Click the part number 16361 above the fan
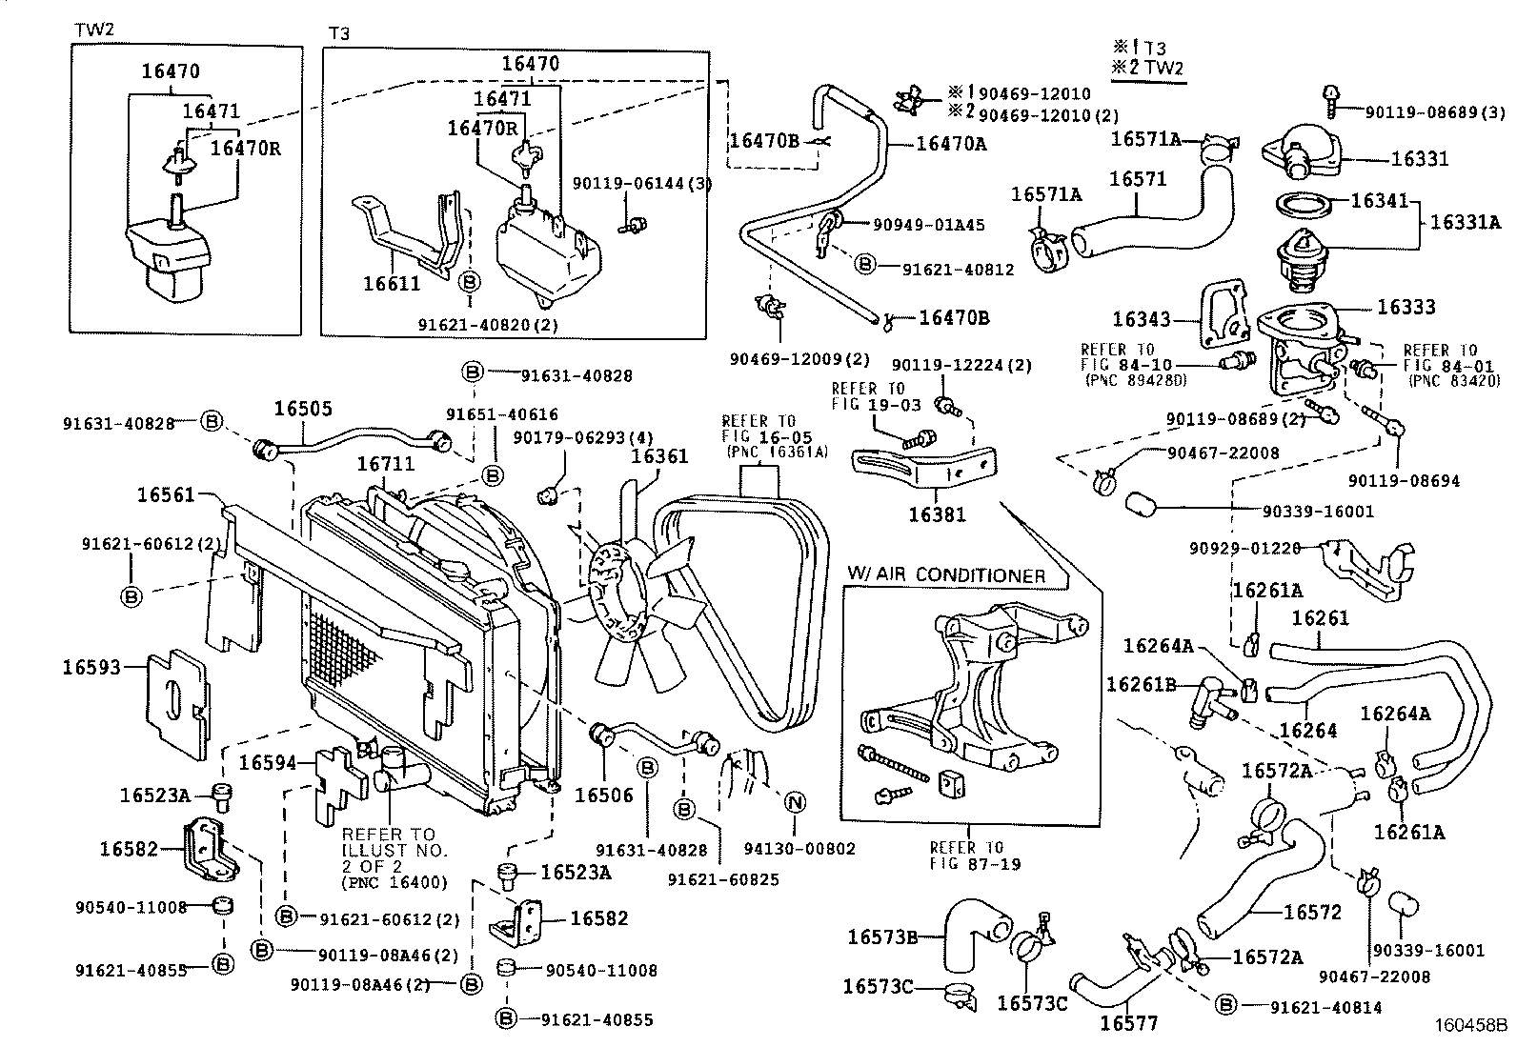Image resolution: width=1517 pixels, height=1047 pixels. tap(659, 456)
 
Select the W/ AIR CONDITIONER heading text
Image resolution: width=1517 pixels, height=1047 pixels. tap(945, 575)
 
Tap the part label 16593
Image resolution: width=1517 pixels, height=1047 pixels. tap(91, 667)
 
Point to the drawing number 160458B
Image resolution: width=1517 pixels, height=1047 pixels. tap(1472, 1029)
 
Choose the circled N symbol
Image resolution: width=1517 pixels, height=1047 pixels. tap(794, 803)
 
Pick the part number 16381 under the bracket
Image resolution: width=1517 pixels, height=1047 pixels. tap(936, 514)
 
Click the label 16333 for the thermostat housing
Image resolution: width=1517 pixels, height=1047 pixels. tap(1406, 308)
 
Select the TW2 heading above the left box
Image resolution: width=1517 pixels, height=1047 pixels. tap(94, 30)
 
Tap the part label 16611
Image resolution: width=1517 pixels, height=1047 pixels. tap(392, 283)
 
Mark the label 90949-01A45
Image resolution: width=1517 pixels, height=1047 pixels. tap(928, 226)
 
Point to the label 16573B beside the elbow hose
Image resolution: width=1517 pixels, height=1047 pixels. tap(881, 936)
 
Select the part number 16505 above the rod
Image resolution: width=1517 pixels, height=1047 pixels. tap(303, 409)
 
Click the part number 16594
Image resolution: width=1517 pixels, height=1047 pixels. tap(267, 762)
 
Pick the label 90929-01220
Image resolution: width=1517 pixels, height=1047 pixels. tap(1244, 548)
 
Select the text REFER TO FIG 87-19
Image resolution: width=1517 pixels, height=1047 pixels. tap(966, 856)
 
